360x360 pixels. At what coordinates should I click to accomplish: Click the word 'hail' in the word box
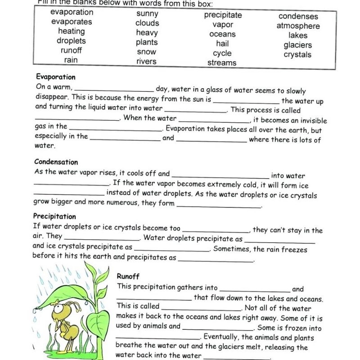[222, 44]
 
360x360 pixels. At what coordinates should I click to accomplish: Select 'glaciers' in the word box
[297, 45]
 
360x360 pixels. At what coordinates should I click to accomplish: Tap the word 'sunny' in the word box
[147, 13]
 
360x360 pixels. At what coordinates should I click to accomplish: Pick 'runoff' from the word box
[71, 50]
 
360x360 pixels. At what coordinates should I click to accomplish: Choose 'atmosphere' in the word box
[298, 26]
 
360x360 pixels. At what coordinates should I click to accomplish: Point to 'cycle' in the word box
[222, 53]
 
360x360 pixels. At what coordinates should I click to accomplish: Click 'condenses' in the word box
[298, 17]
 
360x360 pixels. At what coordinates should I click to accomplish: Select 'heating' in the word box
[71, 31]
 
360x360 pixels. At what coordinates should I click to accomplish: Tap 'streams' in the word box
[222, 63]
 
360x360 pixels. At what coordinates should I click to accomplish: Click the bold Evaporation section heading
[55, 77]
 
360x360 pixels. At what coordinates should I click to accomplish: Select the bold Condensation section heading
[56, 162]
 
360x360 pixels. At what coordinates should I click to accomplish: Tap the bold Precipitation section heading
[54, 216]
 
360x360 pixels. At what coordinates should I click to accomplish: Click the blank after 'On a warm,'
[115, 90]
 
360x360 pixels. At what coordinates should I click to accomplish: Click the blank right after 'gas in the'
[114, 130]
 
